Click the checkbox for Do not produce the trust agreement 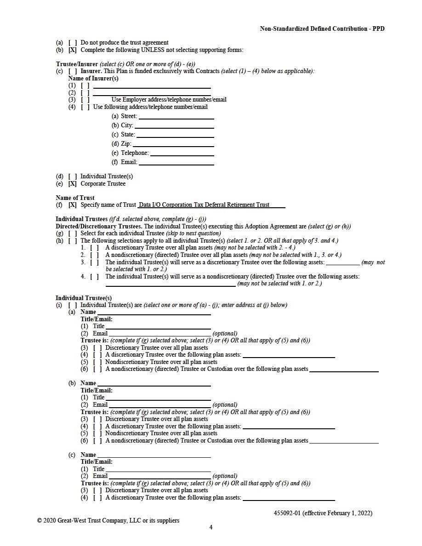(x=73, y=43)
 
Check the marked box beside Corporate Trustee (x=73, y=184)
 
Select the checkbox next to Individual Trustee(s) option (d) (x=73, y=176)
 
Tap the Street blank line (x=176, y=117)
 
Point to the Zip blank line (x=173, y=144)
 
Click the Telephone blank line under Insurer (x=182, y=154)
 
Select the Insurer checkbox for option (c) (x=73, y=71)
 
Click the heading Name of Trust (x=75, y=198)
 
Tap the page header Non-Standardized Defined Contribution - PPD (x=322, y=29)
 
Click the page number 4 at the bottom (x=211, y=528)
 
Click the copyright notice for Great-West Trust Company (x=108, y=521)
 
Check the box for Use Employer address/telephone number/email (x=85, y=100)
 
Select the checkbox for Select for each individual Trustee (x=73, y=233)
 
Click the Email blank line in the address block (x=177, y=163)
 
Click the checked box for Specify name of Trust (x=73, y=205)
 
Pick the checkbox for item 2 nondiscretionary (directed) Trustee (x=94, y=255)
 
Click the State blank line (x=175, y=135)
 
